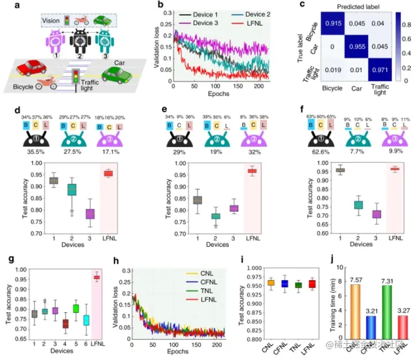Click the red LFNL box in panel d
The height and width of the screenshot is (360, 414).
pos(108,173)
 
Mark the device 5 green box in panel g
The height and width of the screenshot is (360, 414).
pos(75,309)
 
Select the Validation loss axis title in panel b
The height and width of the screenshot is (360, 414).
pos(156,46)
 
